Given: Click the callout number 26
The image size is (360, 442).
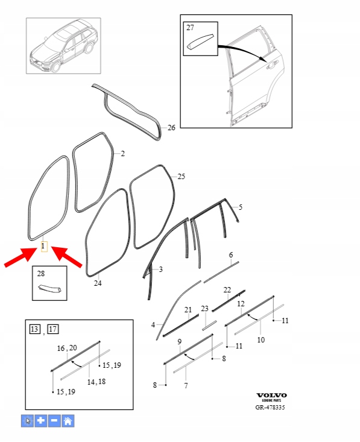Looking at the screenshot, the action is tap(171, 128).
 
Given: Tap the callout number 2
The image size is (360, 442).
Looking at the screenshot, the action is tap(122, 154).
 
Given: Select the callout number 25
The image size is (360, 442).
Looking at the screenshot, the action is tap(182, 177).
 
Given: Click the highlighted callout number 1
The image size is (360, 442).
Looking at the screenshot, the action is tap(43, 246).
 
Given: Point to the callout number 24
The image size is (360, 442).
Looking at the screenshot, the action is tap(98, 283).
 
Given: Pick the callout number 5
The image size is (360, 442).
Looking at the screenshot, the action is tap(241, 207).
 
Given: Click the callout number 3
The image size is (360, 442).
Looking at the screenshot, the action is tap(160, 269).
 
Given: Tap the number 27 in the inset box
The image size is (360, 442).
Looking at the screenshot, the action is tap(191, 27).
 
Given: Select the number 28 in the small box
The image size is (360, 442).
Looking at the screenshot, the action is tap(41, 273).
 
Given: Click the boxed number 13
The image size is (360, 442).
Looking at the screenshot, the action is tap(35, 329).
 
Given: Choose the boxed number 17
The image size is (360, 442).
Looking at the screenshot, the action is tap(53, 329).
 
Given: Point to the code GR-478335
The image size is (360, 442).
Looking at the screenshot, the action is tap(270, 408).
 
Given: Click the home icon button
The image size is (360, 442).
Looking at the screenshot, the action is tap(68, 421).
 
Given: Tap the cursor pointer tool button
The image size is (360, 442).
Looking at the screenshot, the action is tap(27, 421).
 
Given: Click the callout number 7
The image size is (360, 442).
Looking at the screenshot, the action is tap(186, 385).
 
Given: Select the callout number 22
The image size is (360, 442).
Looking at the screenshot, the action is tap(227, 290).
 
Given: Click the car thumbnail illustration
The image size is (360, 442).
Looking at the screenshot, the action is tap(63, 46).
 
